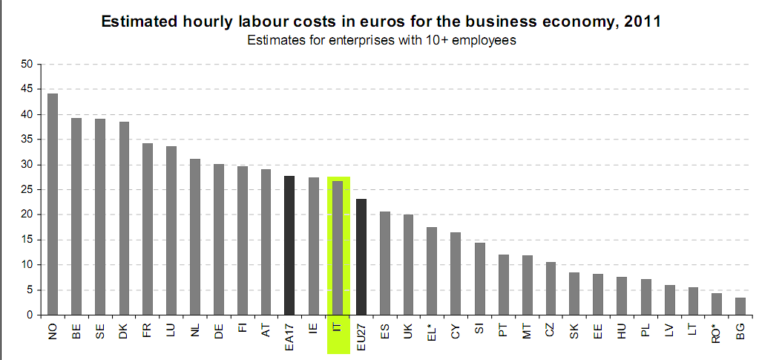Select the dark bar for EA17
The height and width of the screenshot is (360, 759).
(290, 245)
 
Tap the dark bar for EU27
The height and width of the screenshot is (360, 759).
(361, 257)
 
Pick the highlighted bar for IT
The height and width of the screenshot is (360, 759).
(338, 248)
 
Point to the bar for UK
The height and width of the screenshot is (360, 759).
(409, 264)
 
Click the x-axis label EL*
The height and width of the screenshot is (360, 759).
(433, 330)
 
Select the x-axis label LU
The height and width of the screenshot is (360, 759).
(171, 330)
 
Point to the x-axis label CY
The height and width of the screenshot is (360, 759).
(456, 330)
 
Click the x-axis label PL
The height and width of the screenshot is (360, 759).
(646, 330)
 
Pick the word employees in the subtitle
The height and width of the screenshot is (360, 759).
(482, 41)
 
